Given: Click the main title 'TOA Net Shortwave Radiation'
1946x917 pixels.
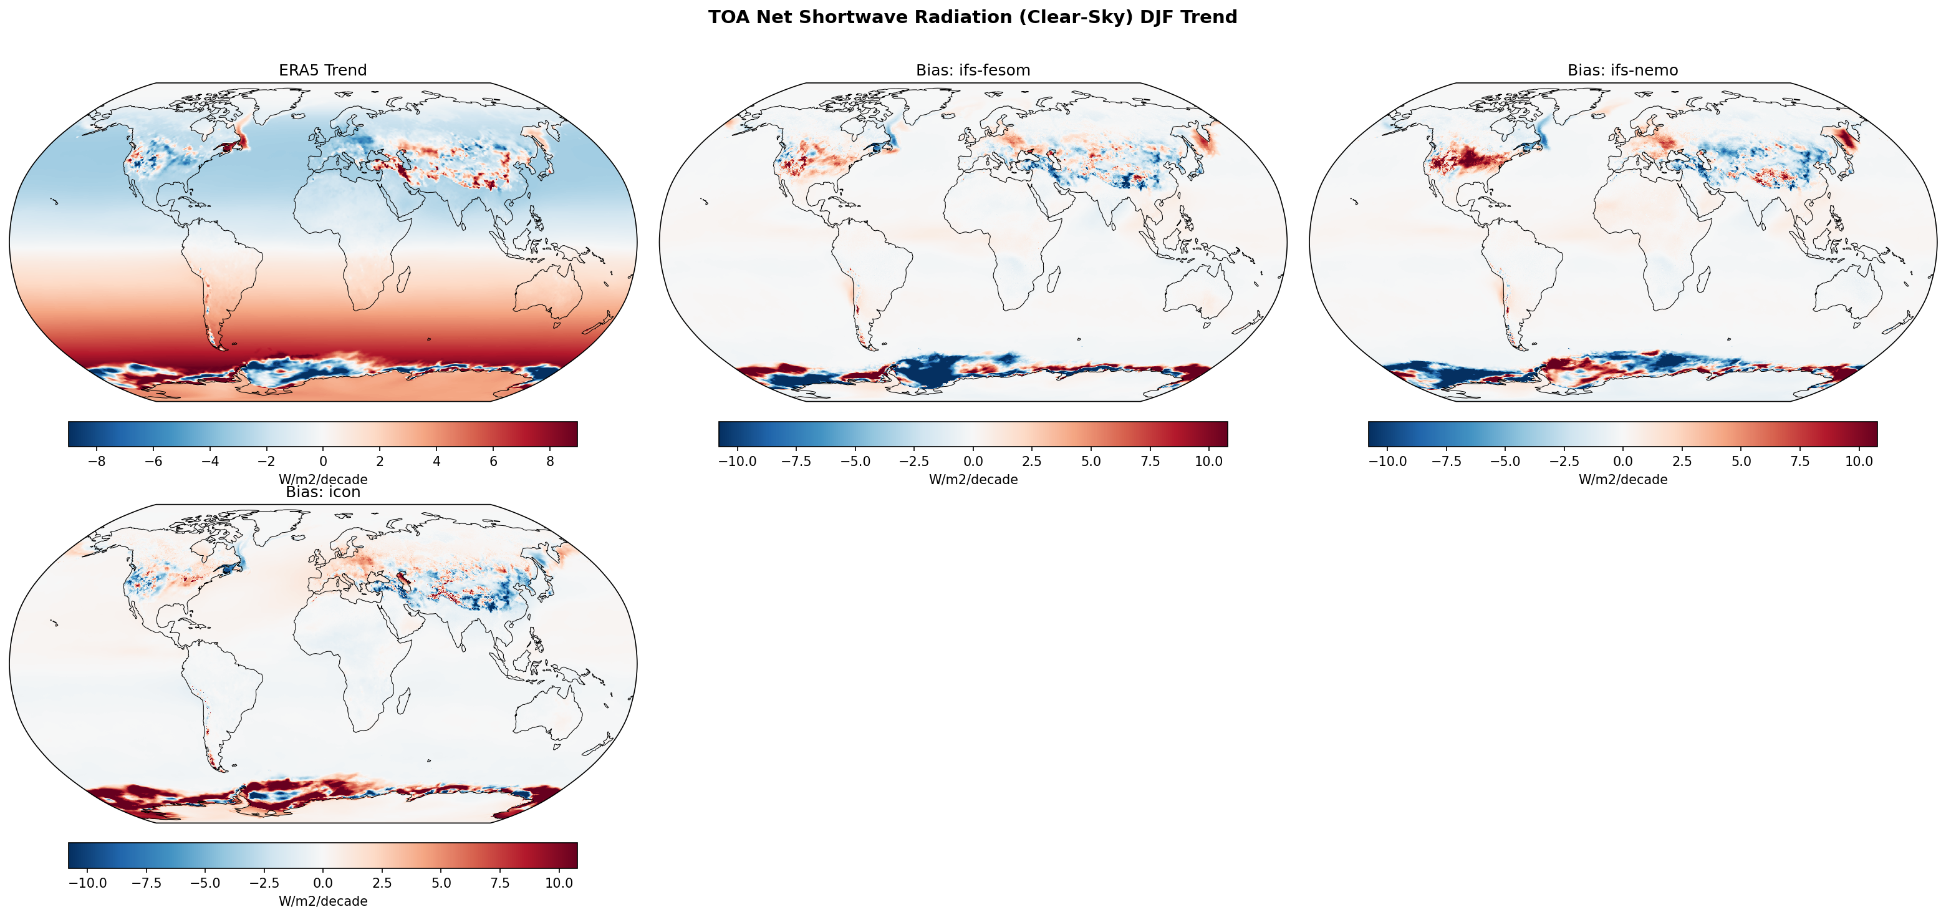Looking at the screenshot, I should [972, 17].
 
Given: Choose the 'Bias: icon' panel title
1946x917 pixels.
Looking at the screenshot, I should [322, 492].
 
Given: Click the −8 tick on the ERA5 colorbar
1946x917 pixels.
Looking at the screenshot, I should [97, 461].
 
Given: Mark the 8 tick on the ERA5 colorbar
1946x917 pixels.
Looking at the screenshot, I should [550, 461].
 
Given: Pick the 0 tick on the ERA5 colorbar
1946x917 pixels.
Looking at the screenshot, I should [324, 461].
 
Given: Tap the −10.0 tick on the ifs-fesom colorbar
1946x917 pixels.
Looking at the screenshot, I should [737, 461].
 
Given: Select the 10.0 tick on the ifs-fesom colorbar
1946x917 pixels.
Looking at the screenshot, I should [1209, 461].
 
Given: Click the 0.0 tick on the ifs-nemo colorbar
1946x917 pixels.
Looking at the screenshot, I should [1622, 461].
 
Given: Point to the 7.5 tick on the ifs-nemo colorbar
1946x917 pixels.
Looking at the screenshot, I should [1799, 461].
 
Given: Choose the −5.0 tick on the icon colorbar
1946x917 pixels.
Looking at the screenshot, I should [205, 883].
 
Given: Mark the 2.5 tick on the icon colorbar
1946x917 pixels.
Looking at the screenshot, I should [382, 883].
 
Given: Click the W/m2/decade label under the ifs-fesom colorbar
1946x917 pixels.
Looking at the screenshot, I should [973, 479].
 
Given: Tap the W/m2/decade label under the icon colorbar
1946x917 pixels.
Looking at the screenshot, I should [322, 901].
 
